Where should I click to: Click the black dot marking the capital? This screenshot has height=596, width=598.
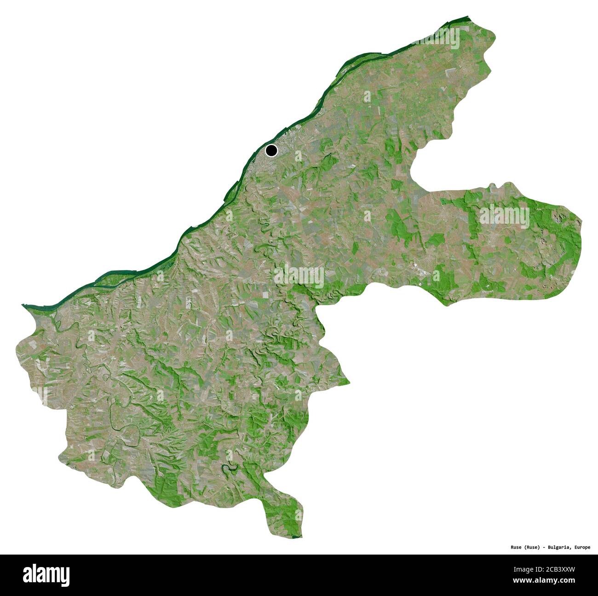click(x=271, y=150)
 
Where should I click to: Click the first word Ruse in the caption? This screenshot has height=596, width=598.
click(x=516, y=548)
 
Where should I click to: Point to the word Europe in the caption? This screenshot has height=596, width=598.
click(x=582, y=548)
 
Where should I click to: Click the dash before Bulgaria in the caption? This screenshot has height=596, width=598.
click(x=546, y=548)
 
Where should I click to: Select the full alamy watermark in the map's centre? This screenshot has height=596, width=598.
click(x=299, y=275)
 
